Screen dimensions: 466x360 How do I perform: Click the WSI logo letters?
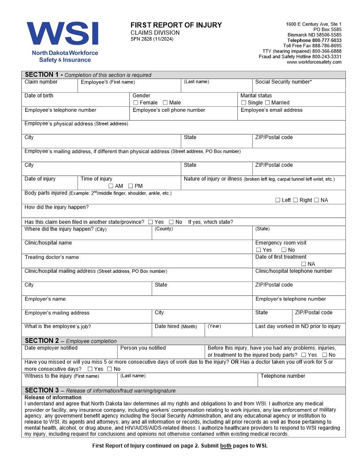pyautogui.click(x=62, y=34)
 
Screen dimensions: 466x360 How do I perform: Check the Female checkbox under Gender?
pyautogui.click(x=136, y=103)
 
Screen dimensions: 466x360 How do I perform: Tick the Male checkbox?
pyautogui.click(x=165, y=103)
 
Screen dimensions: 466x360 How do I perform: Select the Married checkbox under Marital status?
pyautogui.click(x=267, y=103)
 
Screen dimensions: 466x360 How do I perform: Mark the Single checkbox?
pyautogui.click(x=244, y=103)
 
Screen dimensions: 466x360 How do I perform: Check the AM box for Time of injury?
pyautogui.click(x=111, y=186)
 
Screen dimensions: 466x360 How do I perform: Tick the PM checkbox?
pyautogui.click(x=131, y=186)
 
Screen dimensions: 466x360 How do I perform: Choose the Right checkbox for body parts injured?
pyautogui.click(x=296, y=200)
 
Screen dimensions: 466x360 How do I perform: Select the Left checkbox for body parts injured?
pyautogui.click(x=278, y=200)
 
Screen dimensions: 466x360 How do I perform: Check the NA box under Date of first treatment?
pyautogui.click(x=304, y=264)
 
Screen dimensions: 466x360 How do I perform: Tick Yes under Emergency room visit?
pyautogui.click(x=259, y=250)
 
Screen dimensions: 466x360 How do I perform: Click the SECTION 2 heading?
pyautogui.click(x=42, y=341)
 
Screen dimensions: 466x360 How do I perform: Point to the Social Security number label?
pyautogui.click(x=283, y=82)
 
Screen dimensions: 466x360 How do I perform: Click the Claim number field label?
pyautogui.click(x=41, y=82)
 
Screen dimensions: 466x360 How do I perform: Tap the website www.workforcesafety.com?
pyautogui.click(x=314, y=62)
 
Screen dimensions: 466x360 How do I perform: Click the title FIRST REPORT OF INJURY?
pyautogui.click(x=176, y=25)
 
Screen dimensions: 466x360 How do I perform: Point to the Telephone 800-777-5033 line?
pyautogui.click(x=314, y=40)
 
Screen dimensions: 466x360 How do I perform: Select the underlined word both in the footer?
pyautogui.click(x=226, y=446)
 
